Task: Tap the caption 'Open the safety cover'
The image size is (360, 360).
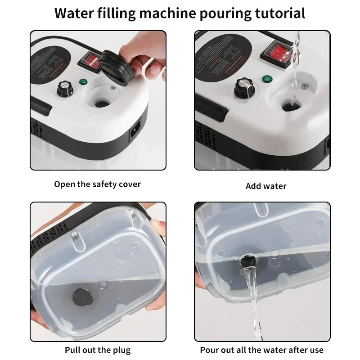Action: pos(98,184)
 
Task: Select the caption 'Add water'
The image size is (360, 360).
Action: pos(266,186)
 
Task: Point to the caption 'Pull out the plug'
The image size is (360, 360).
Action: pos(98,350)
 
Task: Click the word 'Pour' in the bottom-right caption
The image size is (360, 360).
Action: pos(211,350)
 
